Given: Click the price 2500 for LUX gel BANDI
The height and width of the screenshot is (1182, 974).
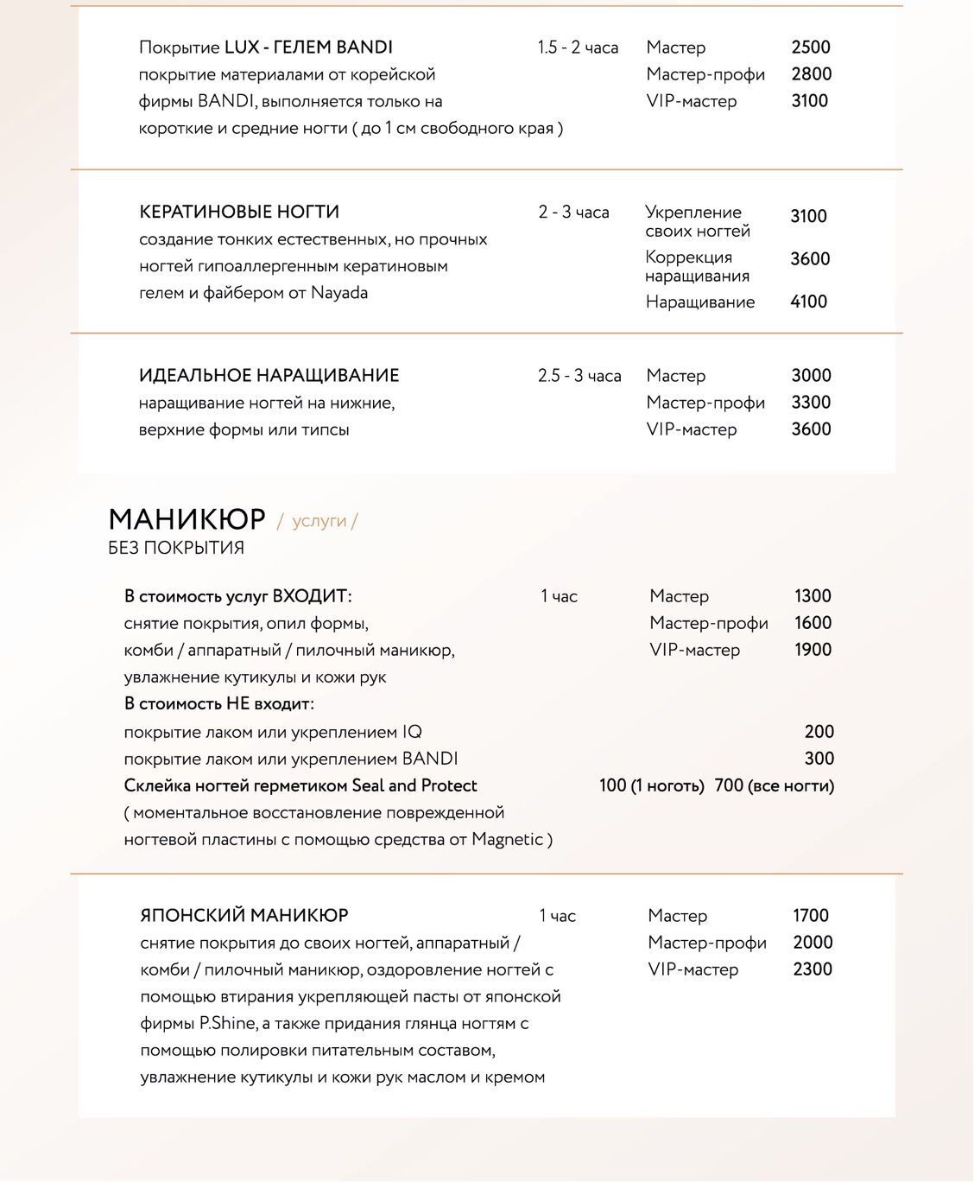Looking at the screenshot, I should (x=811, y=48).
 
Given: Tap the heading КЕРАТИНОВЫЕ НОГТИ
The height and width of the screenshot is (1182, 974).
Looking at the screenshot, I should (x=239, y=212).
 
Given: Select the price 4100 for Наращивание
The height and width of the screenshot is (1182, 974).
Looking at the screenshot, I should (x=808, y=302).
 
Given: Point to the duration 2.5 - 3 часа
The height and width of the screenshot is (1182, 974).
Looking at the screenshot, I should (x=579, y=376).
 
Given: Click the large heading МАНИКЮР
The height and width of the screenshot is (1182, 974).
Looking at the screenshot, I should (x=187, y=519).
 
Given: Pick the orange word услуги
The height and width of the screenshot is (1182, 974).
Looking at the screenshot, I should (x=319, y=521).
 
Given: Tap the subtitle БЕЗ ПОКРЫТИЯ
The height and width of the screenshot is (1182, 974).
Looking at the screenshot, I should (x=176, y=548).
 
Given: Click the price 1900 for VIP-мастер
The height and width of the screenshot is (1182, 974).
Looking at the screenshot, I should (x=813, y=650).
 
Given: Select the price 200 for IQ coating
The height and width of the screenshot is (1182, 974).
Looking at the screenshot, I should (x=819, y=732).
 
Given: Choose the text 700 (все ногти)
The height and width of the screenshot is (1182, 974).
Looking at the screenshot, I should (x=775, y=785).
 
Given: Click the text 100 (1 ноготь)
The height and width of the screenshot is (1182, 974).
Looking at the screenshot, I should (x=651, y=785).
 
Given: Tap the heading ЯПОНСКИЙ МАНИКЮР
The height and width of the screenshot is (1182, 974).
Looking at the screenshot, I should (x=244, y=915).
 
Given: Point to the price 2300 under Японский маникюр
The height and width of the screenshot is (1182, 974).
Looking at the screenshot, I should (x=813, y=969).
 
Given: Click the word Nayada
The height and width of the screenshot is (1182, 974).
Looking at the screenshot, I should (x=339, y=293).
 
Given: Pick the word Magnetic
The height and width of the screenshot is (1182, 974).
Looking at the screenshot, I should (x=507, y=839).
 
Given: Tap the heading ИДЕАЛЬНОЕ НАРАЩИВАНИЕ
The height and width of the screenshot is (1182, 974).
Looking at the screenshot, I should (x=269, y=376).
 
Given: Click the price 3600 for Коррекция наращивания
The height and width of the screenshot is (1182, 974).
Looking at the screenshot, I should (x=810, y=259).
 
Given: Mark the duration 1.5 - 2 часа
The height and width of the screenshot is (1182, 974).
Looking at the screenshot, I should (x=578, y=48).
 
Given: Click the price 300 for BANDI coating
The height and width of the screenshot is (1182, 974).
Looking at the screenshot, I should (x=819, y=759).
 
